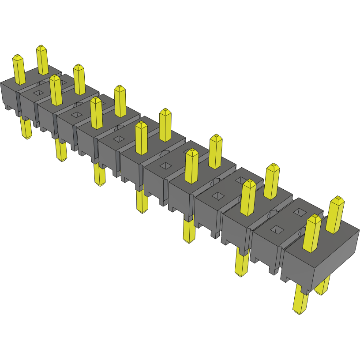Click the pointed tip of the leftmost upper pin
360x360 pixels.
[x=17, y=56]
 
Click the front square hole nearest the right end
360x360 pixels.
[x=277, y=229]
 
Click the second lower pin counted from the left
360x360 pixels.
[x=61, y=150]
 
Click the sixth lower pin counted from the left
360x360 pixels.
[x=242, y=262]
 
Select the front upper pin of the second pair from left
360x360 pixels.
[x=55, y=90]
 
